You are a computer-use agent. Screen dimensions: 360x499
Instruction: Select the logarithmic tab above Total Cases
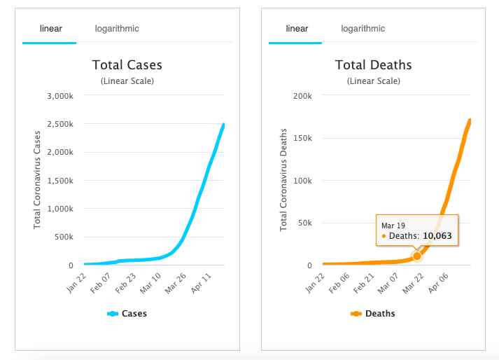(x=117, y=29)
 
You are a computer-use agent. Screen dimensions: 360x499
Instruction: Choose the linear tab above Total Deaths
(x=297, y=29)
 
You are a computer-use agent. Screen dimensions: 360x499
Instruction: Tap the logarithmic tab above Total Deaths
(x=363, y=29)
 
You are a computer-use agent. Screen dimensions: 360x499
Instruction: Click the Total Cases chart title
(x=127, y=65)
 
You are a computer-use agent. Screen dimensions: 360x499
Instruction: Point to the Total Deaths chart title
(x=373, y=65)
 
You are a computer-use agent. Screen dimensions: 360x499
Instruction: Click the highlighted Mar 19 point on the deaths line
(x=417, y=256)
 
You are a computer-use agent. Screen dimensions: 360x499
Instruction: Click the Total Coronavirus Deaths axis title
(x=283, y=180)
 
